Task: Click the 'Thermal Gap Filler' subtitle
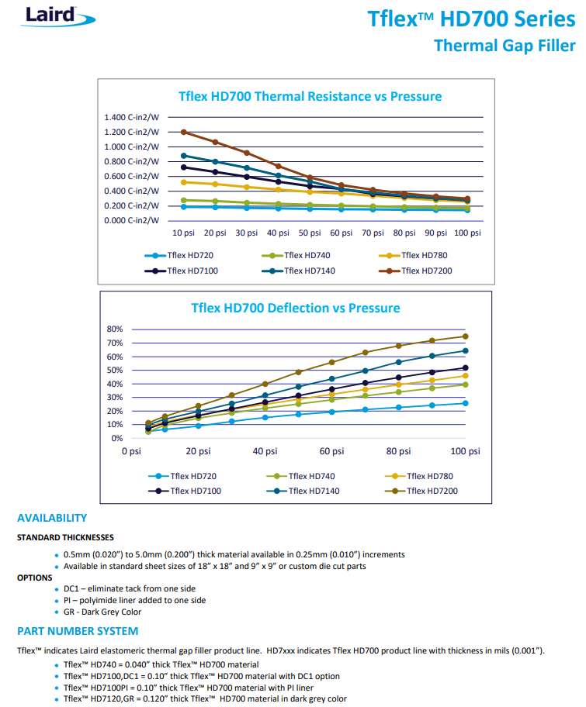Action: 505,46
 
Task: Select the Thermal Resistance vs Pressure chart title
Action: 310,96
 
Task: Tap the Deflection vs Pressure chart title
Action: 296,308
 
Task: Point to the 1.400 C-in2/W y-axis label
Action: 131,117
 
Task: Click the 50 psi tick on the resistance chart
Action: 310,233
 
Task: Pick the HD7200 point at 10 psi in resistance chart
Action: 184,132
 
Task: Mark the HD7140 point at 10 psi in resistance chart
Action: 184,156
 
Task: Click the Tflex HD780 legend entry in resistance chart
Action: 413,255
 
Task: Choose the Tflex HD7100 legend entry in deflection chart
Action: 185,491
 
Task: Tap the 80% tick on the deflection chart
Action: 115,329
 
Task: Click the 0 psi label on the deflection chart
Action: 131,451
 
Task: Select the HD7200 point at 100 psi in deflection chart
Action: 466,336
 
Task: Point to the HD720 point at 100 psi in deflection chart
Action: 466,403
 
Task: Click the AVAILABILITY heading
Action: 52,518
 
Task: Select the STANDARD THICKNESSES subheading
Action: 65,537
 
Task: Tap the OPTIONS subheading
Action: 35,578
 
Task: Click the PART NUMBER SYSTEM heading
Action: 78,631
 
